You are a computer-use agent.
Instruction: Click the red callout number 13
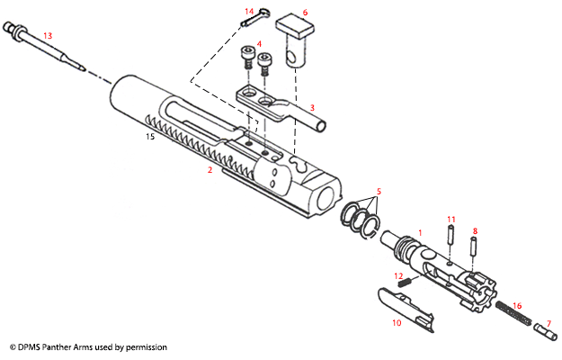click(x=48, y=35)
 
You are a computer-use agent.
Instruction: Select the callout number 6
click(x=305, y=13)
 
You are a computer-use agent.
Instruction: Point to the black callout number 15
click(x=152, y=138)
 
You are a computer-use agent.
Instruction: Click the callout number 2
click(x=209, y=169)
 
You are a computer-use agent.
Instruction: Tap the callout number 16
click(x=516, y=307)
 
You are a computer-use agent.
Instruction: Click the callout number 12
click(x=397, y=275)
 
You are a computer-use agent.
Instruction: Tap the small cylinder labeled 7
click(x=542, y=331)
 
